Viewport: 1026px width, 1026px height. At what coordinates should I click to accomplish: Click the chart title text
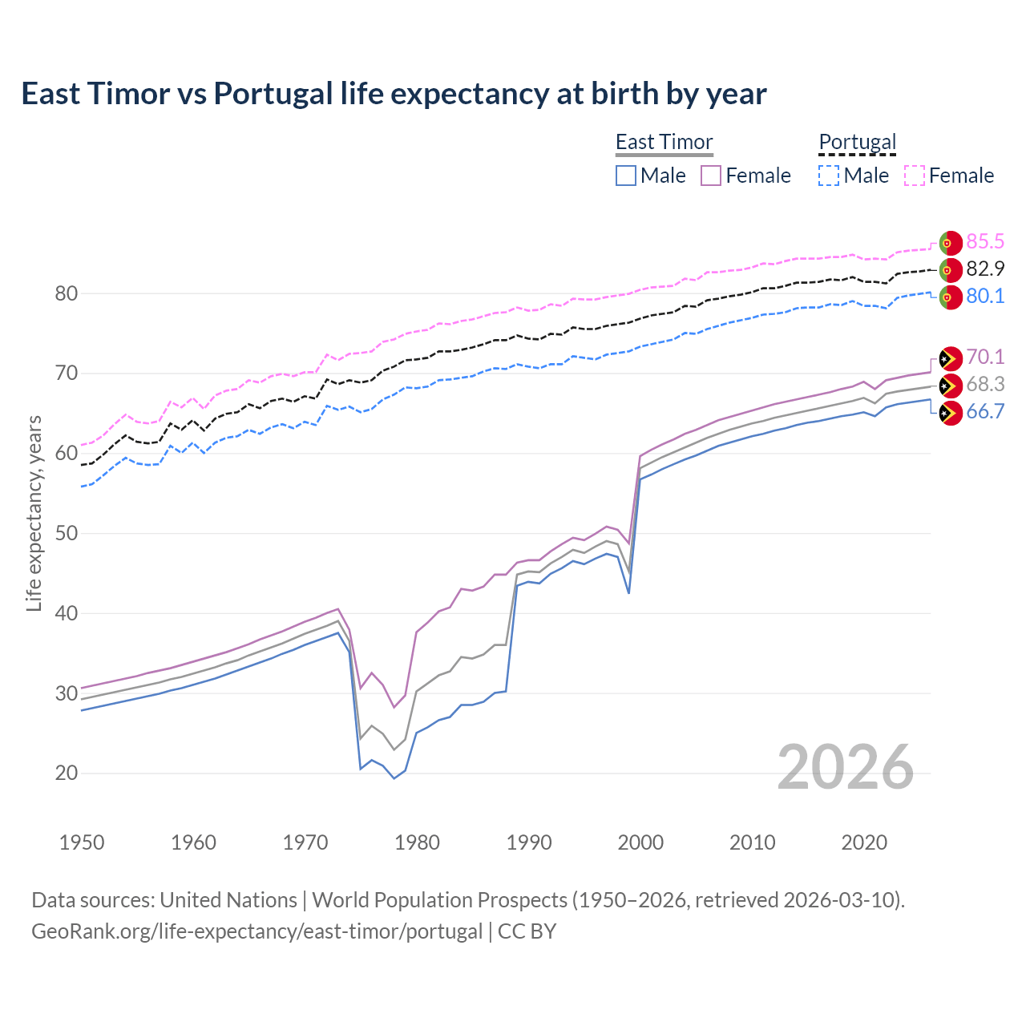tap(394, 94)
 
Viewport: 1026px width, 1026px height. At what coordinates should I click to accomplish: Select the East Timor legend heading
tap(664, 142)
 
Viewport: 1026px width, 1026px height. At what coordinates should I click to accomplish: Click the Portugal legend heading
tap(857, 142)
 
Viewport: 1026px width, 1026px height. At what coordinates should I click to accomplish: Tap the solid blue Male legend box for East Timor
tap(626, 176)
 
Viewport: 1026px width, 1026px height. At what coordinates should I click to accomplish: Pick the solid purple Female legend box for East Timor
tap(711, 176)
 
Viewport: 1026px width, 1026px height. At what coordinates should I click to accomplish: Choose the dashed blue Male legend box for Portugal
tap(829, 176)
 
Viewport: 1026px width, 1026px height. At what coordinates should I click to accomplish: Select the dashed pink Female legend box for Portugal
tap(915, 176)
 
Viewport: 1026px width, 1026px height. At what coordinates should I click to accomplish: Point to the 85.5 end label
tap(985, 241)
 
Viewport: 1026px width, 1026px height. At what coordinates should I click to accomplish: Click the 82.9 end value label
tap(985, 269)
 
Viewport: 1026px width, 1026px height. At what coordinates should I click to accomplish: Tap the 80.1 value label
tap(985, 296)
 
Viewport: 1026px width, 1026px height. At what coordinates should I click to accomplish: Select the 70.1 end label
tap(985, 357)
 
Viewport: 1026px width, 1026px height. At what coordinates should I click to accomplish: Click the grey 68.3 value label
tap(985, 385)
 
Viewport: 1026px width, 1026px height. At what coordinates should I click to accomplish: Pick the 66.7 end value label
tap(985, 412)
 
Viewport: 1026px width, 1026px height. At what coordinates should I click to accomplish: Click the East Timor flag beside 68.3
tap(950, 386)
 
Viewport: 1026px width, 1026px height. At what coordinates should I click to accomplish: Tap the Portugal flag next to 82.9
tap(950, 269)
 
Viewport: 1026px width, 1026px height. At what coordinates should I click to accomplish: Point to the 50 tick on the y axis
tap(67, 533)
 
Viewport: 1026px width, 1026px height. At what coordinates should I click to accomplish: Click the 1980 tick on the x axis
tap(417, 842)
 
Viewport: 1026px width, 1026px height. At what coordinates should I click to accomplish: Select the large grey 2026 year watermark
tap(845, 767)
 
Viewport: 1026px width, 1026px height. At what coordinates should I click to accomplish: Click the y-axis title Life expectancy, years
tap(34, 513)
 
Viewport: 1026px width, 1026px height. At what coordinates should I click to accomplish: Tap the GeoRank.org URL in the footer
tap(256, 931)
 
